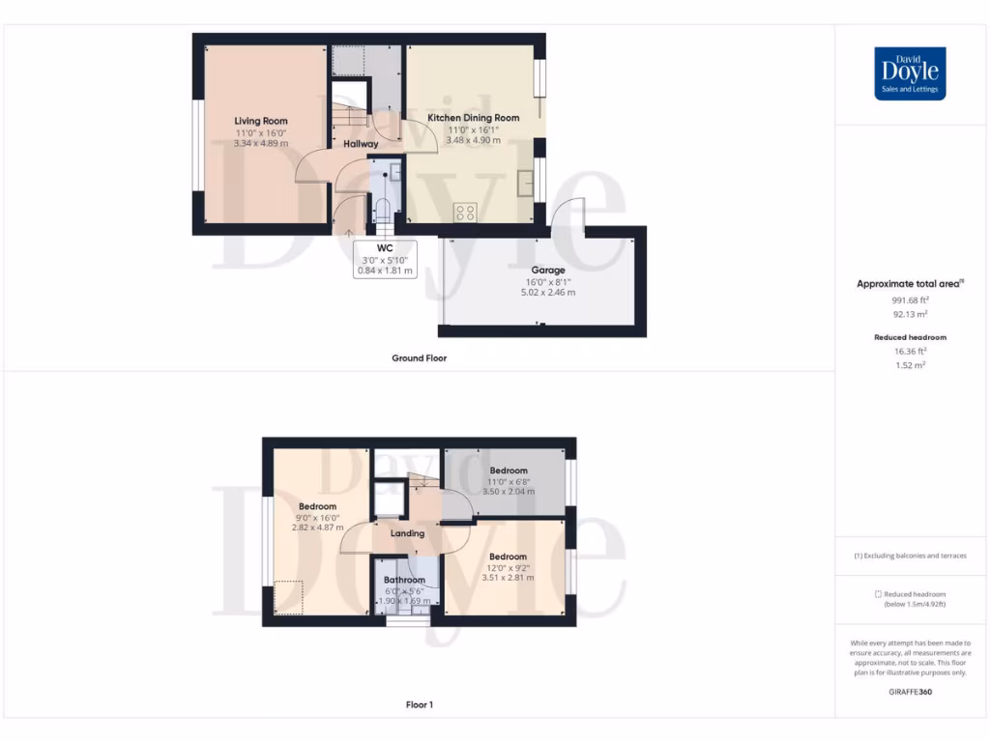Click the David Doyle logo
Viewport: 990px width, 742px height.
click(x=910, y=73)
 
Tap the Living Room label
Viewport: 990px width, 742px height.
click(x=261, y=122)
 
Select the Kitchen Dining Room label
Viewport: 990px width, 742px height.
click(x=474, y=118)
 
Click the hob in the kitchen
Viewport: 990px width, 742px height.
click(x=465, y=212)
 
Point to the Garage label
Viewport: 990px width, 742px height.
click(x=547, y=271)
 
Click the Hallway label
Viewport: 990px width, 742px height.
click(x=361, y=144)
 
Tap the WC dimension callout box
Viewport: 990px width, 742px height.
click(x=385, y=259)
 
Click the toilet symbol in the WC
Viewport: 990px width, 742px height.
click(x=383, y=210)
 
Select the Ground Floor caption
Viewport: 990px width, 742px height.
click(x=419, y=358)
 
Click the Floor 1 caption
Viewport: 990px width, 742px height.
click(x=419, y=705)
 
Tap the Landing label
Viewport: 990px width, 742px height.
click(x=407, y=533)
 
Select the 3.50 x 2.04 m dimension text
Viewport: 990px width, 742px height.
click(x=508, y=492)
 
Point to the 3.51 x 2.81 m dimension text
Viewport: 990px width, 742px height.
click(x=508, y=578)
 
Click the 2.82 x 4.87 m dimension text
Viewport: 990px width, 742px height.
click(x=317, y=528)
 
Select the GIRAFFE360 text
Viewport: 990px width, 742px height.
click(x=910, y=692)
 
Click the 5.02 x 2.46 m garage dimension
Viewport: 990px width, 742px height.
click(x=547, y=292)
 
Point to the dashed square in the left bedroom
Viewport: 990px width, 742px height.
click(x=288, y=596)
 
